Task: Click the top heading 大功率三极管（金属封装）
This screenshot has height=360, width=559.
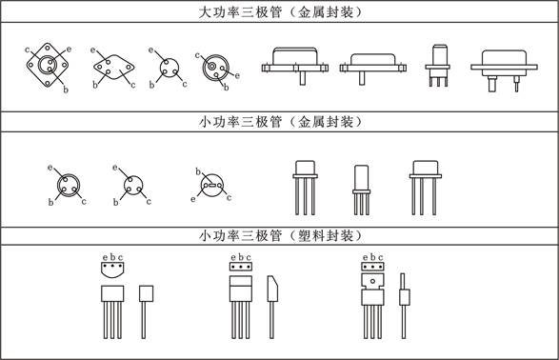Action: [280, 12]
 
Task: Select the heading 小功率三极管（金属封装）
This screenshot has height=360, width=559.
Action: [280, 122]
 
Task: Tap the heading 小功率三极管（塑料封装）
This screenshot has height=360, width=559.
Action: [280, 235]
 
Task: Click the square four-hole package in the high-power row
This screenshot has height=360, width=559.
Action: [48, 65]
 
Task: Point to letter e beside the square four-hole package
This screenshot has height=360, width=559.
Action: [69, 50]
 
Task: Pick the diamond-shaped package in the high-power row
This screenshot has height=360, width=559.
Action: [114, 67]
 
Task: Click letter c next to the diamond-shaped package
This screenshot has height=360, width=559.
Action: [133, 85]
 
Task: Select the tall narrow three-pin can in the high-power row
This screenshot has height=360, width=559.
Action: [438, 66]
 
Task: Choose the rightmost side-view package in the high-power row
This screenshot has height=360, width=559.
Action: [504, 70]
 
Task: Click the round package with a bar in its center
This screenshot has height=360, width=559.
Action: [211, 186]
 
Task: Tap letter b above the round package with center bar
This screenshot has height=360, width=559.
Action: [198, 171]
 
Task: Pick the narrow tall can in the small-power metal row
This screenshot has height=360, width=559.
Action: [362, 190]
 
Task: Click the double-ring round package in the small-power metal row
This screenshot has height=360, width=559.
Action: [68, 186]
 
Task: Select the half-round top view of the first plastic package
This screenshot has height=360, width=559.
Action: [112, 270]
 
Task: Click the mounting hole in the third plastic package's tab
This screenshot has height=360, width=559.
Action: [372, 281]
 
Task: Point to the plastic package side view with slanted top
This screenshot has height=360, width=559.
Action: [272, 307]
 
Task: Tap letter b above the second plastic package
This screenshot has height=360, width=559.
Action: [241, 257]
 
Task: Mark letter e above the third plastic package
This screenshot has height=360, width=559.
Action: [365, 258]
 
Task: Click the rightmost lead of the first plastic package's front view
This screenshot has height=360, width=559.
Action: [120, 320]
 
